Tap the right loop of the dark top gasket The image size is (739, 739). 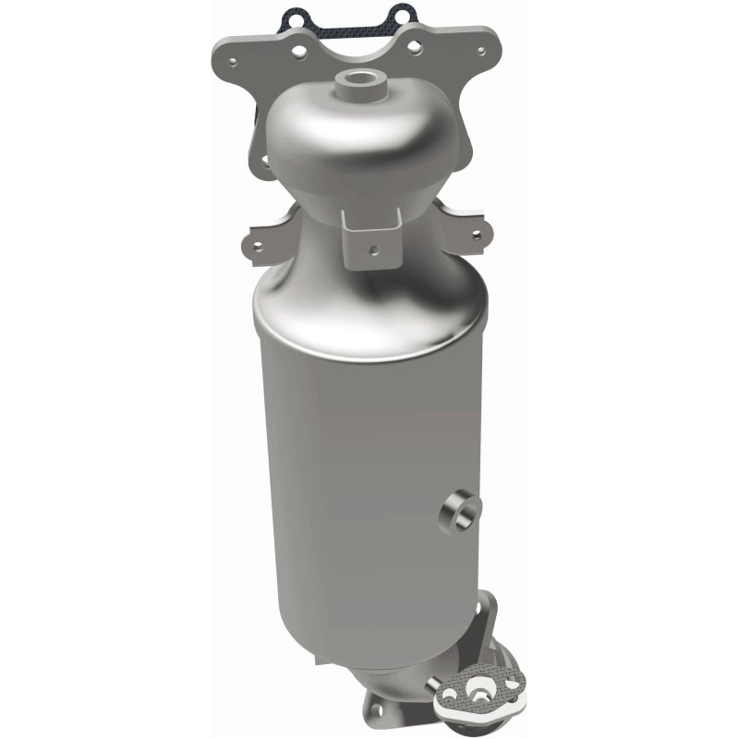click(399, 13)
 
